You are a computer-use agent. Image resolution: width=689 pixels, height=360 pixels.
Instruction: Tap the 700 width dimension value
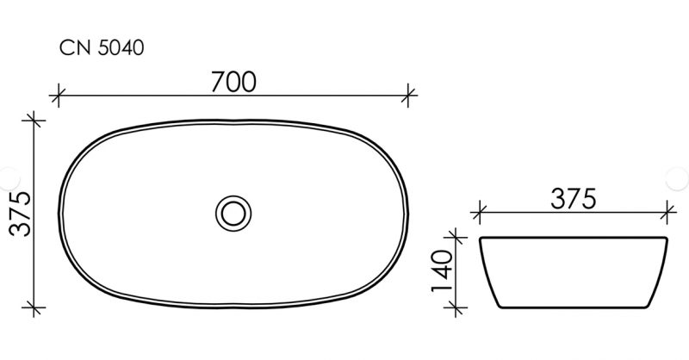coord(233,82)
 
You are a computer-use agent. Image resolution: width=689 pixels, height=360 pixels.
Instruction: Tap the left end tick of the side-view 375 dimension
coord(480,209)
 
